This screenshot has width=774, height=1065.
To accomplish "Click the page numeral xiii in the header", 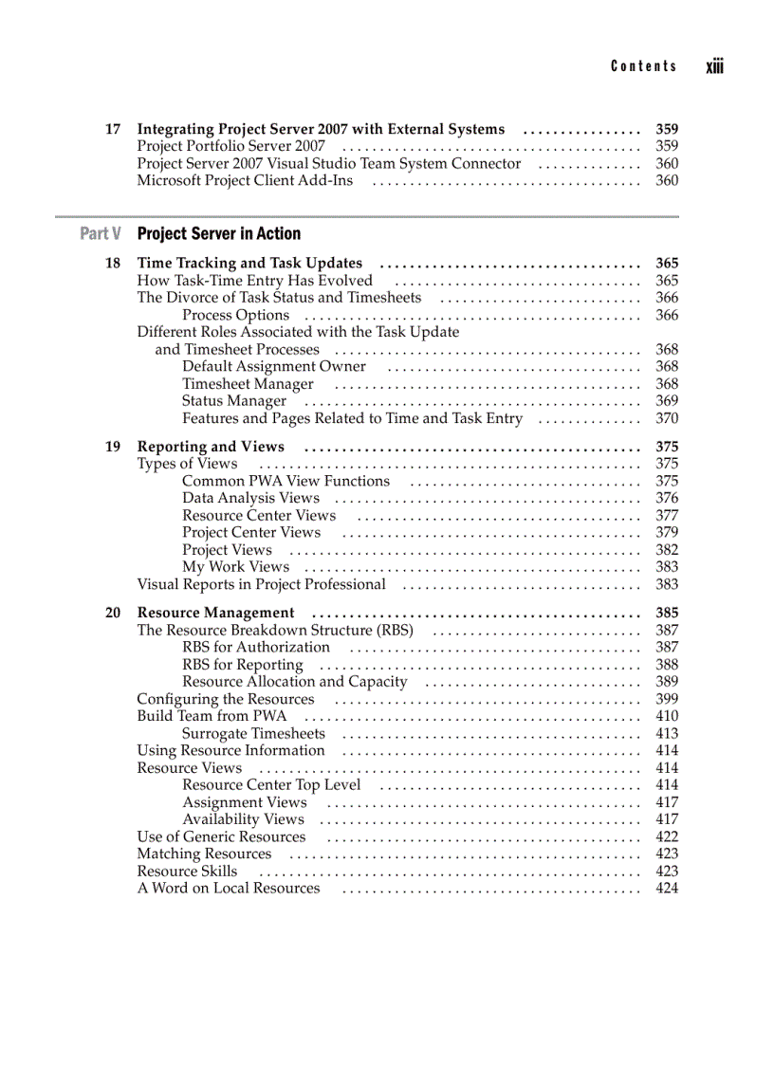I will [x=714, y=67].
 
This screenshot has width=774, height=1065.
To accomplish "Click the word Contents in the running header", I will [x=644, y=66].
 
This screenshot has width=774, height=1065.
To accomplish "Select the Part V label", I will [x=101, y=233].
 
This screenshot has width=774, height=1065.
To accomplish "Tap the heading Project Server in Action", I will [x=219, y=233].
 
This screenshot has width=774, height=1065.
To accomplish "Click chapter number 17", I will [x=113, y=129].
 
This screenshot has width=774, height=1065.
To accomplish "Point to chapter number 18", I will [x=113, y=263].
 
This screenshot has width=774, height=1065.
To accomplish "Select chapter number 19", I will [x=113, y=447].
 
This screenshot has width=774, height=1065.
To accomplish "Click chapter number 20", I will [x=113, y=613].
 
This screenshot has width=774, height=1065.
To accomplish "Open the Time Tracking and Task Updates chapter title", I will [x=249, y=263].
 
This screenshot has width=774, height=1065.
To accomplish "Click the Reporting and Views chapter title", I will [x=211, y=447].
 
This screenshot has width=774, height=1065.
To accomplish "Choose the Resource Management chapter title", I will [x=216, y=613].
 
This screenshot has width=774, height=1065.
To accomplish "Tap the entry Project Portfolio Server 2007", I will [x=230, y=146].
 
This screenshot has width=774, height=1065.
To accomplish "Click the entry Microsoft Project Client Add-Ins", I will [x=245, y=180].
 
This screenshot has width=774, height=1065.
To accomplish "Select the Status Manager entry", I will [x=234, y=401].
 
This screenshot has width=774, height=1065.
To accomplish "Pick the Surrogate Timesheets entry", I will [x=253, y=733].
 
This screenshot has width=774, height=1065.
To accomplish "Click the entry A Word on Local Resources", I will [x=229, y=888].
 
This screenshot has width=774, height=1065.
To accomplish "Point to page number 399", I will [x=667, y=699].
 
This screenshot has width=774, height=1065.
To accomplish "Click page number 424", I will [x=667, y=888].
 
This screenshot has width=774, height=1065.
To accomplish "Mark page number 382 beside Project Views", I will [x=667, y=550].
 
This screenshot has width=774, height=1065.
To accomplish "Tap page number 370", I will [x=667, y=418].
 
